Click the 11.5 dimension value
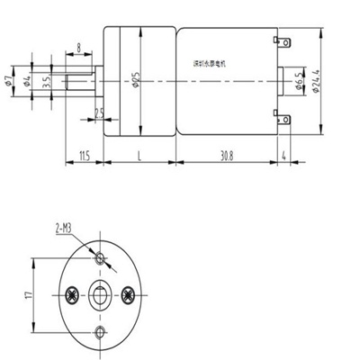click(x=84, y=156)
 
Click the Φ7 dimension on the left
click(x=10, y=83)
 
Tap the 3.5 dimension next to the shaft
click(x=47, y=84)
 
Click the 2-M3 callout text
click(x=64, y=229)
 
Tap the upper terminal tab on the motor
click(x=287, y=42)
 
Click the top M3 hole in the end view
click(x=101, y=260)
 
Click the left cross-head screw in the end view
click(x=68, y=294)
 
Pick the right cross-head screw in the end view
click(x=132, y=294)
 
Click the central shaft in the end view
click(x=101, y=294)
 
